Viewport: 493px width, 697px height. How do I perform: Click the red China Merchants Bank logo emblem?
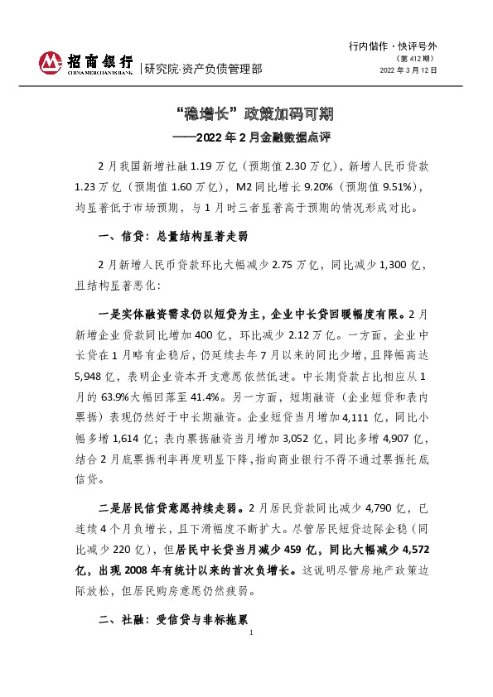coord(52,61)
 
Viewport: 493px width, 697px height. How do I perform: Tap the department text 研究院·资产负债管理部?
coord(203,69)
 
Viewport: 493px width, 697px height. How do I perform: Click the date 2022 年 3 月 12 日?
coord(408,70)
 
